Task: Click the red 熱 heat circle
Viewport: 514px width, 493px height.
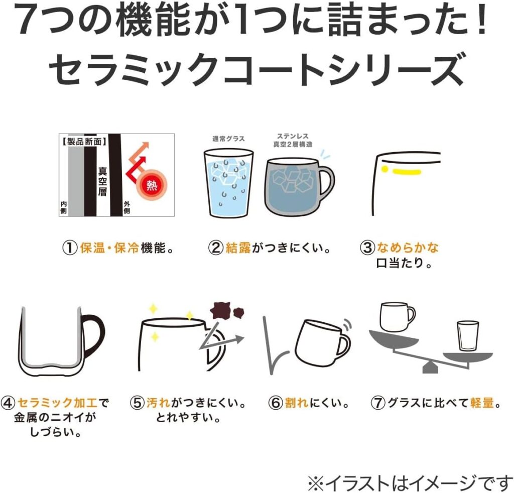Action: point(152,186)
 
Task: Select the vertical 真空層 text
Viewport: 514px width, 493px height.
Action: point(102,181)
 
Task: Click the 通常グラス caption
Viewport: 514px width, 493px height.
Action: point(228,139)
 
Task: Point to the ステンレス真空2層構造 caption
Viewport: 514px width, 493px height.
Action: point(293,140)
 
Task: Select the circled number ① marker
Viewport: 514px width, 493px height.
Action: point(70,248)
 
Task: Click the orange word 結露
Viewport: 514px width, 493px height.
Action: point(238,248)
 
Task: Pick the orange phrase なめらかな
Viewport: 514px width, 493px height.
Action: point(408,248)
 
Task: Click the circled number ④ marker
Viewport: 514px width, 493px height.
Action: point(8,403)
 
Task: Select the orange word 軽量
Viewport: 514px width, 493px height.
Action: point(482,403)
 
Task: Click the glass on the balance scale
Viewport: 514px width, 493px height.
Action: point(468,336)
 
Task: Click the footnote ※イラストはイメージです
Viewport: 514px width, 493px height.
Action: point(410,482)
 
